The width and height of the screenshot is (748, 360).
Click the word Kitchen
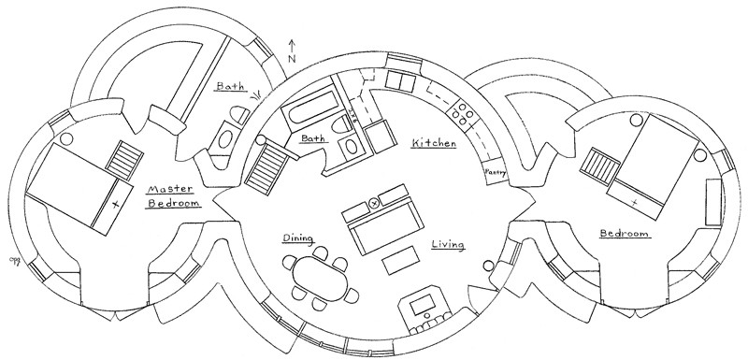[x=433, y=142]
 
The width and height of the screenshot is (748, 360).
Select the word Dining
[x=297, y=238]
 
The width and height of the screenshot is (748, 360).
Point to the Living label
[x=449, y=245]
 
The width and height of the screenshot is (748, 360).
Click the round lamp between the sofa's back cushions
[x=373, y=202]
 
